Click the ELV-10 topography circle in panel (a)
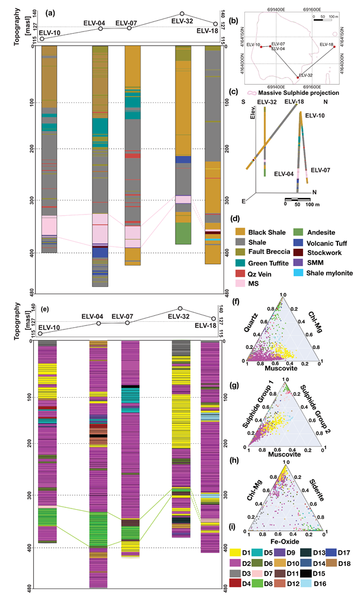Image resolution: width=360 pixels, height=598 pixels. [x=42, y=39]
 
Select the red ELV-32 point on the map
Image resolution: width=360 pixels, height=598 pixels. [x=297, y=76]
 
